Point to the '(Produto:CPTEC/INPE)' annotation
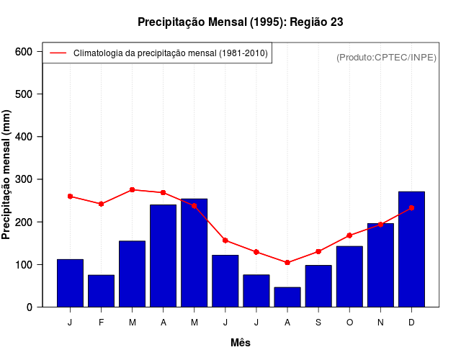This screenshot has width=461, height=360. [386, 58]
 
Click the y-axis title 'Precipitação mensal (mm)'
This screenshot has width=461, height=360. [7, 175]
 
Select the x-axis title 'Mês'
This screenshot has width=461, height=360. [241, 343]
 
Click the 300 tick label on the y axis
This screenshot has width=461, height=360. [24, 179]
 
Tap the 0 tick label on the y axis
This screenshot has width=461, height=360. [30, 307]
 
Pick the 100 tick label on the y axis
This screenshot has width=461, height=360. [24, 265]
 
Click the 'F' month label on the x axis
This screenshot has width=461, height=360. [101, 323]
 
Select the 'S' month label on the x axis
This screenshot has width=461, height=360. [318, 323]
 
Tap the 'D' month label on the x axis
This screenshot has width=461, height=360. [411, 323]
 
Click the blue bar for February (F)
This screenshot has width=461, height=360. [101, 291]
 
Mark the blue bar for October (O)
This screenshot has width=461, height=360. [349, 276]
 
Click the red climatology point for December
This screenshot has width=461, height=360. [411, 207]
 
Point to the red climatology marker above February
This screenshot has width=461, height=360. [101, 204]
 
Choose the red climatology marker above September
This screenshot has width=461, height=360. [318, 251]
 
